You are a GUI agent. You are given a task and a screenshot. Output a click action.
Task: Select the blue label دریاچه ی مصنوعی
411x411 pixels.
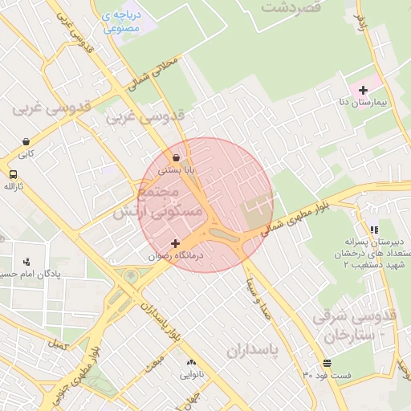point(121,22)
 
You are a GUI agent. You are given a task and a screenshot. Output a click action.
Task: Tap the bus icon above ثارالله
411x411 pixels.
point(13,174)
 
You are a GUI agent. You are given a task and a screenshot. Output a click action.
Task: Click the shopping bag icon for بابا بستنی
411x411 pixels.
point(176,157)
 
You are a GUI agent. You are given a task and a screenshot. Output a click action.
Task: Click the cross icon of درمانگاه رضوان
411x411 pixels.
point(176,242)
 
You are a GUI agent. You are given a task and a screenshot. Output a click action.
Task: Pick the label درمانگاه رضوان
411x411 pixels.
point(176,255)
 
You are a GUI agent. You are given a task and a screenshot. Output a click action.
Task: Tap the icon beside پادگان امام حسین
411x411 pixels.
point(26,261)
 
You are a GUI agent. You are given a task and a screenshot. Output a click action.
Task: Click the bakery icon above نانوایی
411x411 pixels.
point(191,362)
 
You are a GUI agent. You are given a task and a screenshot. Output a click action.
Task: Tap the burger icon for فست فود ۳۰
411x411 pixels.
point(327,363)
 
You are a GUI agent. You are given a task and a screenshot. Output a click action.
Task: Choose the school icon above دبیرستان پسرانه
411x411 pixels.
point(373,230)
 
